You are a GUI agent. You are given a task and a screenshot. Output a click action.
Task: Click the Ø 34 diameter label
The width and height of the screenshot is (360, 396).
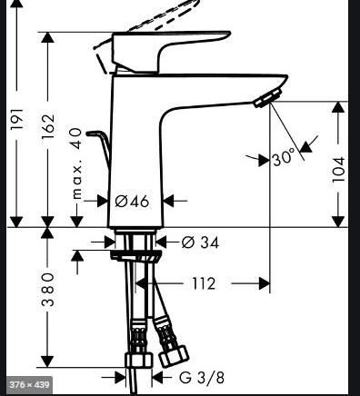pyautogui.click(x=200, y=243)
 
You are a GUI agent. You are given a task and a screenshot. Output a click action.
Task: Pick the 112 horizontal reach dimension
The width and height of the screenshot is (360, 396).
pyautogui.click(x=204, y=284)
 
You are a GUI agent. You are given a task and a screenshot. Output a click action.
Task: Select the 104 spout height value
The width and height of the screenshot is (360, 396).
pyautogui.click(x=338, y=168)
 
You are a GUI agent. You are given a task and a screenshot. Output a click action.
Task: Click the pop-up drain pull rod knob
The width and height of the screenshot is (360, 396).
pyautogui.click(x=105, y=136)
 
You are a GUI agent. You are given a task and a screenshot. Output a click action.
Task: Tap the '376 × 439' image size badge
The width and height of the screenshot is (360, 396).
pyautogui.click(x=27, y=385)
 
